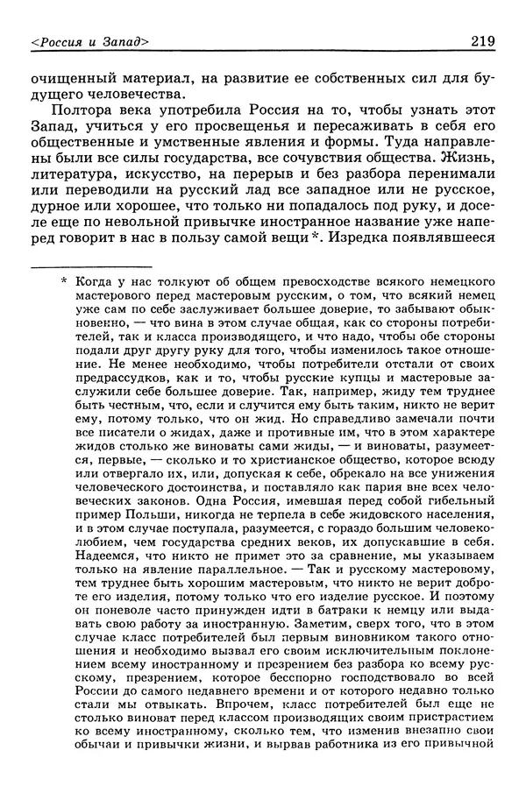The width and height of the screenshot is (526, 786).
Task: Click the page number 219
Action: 484,40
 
